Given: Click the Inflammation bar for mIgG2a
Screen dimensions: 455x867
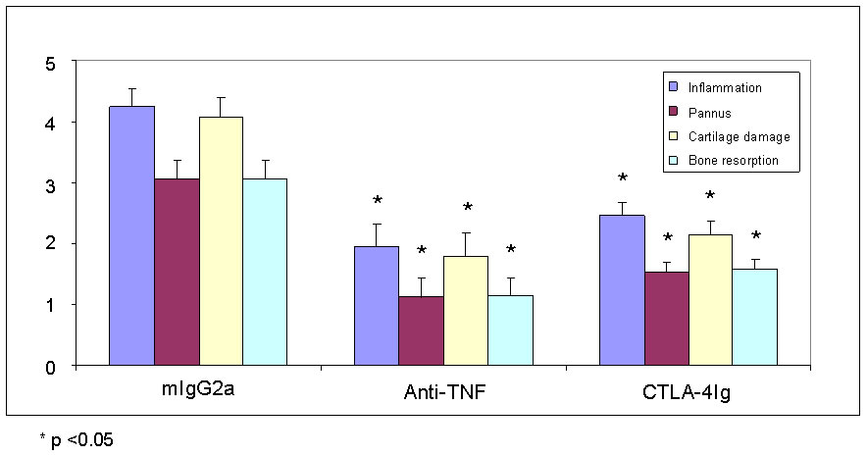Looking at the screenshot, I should click(131, 235).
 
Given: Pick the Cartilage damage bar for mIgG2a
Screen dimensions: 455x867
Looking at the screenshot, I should click(221, 241).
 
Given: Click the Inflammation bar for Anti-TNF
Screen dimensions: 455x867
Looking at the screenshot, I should click(376, 305).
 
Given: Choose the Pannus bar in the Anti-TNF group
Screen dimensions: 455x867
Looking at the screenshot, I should click(420, 330).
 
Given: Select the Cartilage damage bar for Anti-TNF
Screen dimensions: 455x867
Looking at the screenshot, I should click(465, 310).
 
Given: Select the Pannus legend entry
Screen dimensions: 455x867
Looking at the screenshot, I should click(713, 112).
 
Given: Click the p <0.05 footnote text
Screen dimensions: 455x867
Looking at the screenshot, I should click(76, 439).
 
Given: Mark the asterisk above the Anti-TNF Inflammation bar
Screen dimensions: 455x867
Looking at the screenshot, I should click(377, 202).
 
